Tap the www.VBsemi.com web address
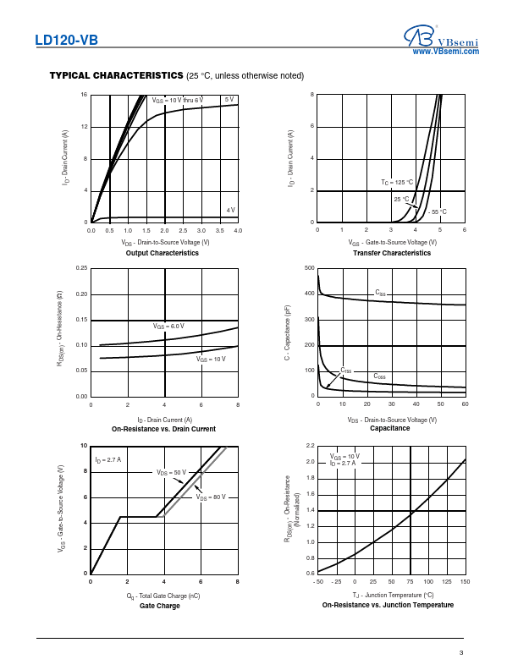click(x=445, y=52)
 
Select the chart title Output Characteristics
click(x=163, y=253)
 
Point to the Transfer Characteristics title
click(x=391, y=253)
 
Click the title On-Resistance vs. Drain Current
click(x=163, y=429)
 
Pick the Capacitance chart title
click(x=390, y=428)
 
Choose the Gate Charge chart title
click(x=160, y=606)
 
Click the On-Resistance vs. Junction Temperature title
click(x=388, y=605)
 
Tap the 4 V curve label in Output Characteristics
click(x=230, y=210)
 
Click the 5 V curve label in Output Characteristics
click(x=229, y=100)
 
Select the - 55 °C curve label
click(x=437, y=211)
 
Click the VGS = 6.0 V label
click(x=168, y=326)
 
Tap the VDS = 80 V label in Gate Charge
click(x=212, y=497)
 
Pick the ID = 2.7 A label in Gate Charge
click(x=107, y=460)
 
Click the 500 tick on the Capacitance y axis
click(x=310, y=268)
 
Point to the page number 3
click(x=461, y=652)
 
